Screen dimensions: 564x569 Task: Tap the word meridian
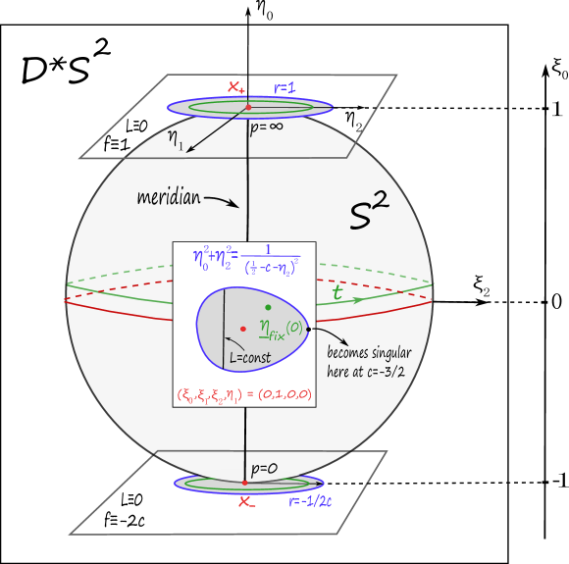170,198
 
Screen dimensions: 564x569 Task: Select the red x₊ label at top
236,87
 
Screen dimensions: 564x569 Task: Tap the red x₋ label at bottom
247,502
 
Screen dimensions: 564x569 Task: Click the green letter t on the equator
337,292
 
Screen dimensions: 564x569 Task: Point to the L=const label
249,357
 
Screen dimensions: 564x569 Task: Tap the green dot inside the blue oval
268,307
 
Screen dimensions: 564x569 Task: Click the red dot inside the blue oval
242,329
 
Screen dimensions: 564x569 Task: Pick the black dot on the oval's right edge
308,330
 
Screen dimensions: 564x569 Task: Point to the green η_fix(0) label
279,330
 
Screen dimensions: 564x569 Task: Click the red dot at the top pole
248,106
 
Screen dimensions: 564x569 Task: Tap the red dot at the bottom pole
244,483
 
